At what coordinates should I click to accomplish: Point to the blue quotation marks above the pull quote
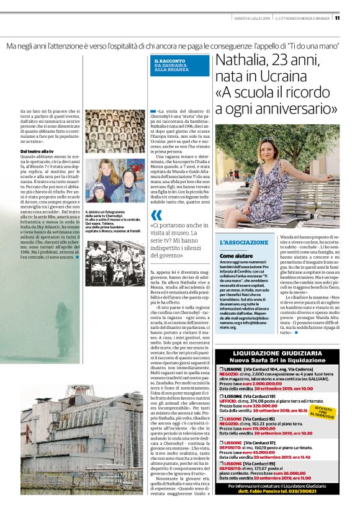156,214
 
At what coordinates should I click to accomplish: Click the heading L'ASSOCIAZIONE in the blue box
244,243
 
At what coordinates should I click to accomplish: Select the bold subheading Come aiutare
236,255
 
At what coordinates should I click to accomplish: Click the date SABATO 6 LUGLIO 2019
253,17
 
